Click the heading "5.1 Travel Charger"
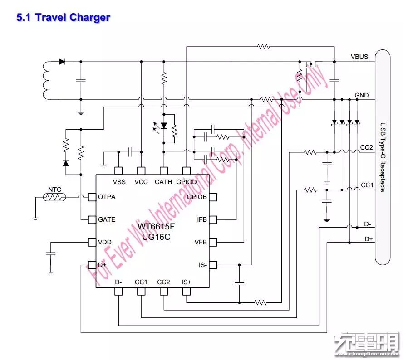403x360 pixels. (x=63, y=18)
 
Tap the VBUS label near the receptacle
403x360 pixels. (x=359, y=57)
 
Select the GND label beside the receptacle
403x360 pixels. (x=362, y=95)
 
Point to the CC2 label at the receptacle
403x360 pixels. (x=367, y=148)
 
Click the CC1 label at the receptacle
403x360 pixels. (x=367, y=185)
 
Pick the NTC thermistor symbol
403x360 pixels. (x=54, y=197)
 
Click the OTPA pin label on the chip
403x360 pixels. (x=107, y=197)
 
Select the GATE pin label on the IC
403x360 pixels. (x=107, y=219)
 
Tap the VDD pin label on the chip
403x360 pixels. (x=105, y=242)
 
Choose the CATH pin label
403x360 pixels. (x=163, y=182)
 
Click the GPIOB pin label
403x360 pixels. (x=197, y=197)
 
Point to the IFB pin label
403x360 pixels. (x=202, y=219)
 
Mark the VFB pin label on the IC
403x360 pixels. (x=201, y=242)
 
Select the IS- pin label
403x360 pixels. (x=202, y=265)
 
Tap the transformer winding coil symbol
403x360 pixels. (x=46, y=80)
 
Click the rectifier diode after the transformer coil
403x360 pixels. (x=62, y=62)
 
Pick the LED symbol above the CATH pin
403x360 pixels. (x=164, y=126)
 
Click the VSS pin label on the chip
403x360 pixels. (x=119, y=182)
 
